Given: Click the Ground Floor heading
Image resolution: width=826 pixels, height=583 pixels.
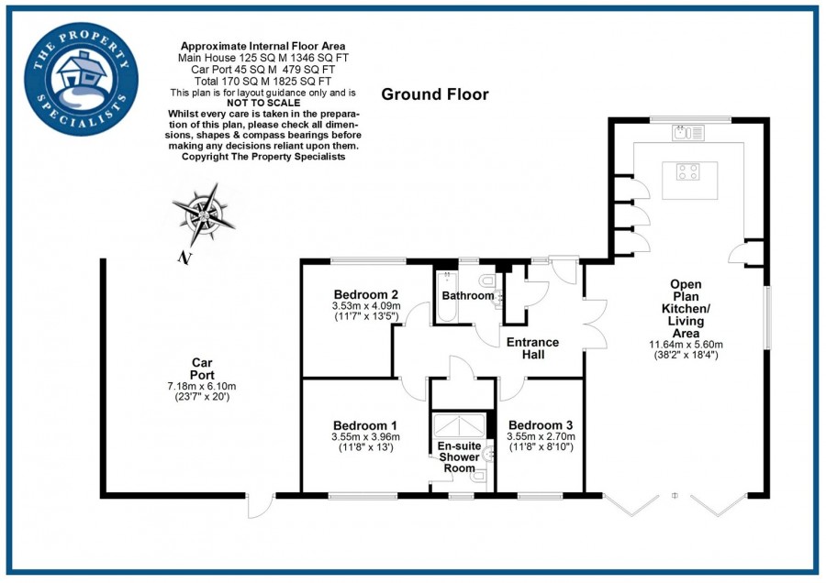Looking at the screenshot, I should tap(435, 94).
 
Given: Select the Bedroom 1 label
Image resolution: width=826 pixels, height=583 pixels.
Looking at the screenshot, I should tap(364, 425).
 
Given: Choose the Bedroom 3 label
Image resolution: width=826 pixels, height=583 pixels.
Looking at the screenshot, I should tap(541, 425).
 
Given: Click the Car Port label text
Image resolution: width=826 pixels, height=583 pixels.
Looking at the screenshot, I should tap(201, 368).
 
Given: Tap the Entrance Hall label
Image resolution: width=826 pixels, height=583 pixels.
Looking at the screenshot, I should tap(533, 348).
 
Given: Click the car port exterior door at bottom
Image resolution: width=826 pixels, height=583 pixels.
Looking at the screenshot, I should tap(260, 506).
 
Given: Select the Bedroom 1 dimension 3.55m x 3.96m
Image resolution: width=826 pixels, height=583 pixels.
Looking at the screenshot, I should tap(364, 437).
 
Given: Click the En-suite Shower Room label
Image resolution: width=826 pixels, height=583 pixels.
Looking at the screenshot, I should tap(458, 456).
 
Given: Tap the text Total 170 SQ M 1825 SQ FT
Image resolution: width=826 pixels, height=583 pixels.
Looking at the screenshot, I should tap(263, 80).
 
